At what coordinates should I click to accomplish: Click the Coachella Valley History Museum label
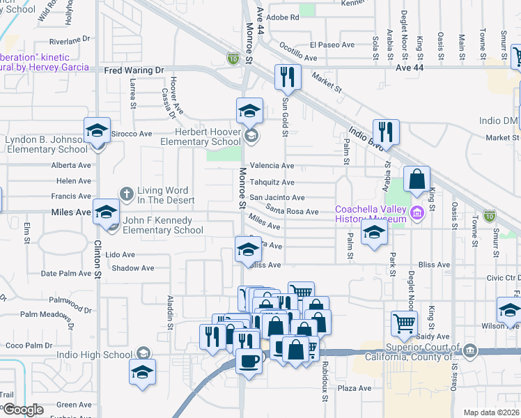click(x=370, y=215)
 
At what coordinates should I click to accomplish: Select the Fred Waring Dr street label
click(x=133, y=70)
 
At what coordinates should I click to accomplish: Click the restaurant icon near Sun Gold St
click(x=288, y=77)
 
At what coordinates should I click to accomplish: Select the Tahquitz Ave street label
click(x=272, y=182)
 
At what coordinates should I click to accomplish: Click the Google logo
click(x=22, y=410)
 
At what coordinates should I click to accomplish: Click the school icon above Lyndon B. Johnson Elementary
click(x=98, y=131)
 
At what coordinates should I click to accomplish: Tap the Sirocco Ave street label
click(x=132, y=133)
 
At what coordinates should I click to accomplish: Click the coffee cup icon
click(x=249, y=361)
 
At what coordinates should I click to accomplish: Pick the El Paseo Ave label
click(x=332, y=45)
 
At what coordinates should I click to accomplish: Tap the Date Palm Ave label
click(x=66, y=273)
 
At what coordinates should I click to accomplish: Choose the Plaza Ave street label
click(x=355, y=388)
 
